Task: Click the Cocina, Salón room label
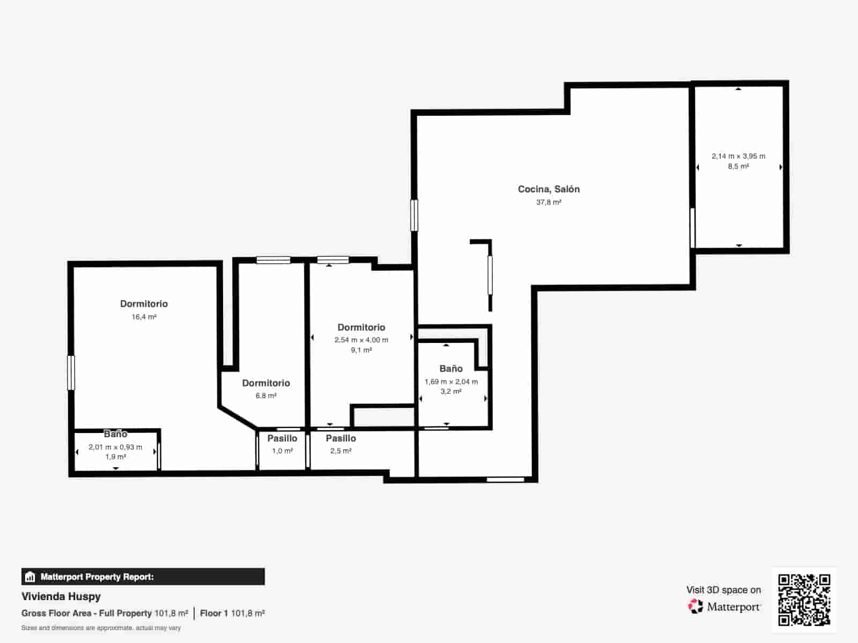[x=549, y=189]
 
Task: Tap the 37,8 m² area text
[x=549, y=203]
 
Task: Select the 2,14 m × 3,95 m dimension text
[x=738, y=156]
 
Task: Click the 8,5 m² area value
[x=738, y=167]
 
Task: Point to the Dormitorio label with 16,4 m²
[x=144, y=304]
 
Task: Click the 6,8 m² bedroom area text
[x=266, y=396]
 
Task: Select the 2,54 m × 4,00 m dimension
[x=361, y=340]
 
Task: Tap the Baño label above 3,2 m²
[x=451, y=369]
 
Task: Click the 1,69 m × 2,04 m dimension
[x=451, y=382]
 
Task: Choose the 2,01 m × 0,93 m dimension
[x=115, y=447]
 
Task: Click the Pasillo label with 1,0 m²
[x=282, y=438]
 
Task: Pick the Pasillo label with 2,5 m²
[x=341, y=438]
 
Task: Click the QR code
[x=804, y=600]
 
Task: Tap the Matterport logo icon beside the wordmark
[x=696, y=607]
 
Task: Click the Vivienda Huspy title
[x=61, y=596]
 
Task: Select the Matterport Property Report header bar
[x=143, y=577]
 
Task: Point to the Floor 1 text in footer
[x=214, y=613]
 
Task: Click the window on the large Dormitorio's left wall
[x=71, y=373]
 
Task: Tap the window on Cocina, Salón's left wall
[x=414, y=215]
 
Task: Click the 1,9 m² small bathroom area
[x=115, y=457]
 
